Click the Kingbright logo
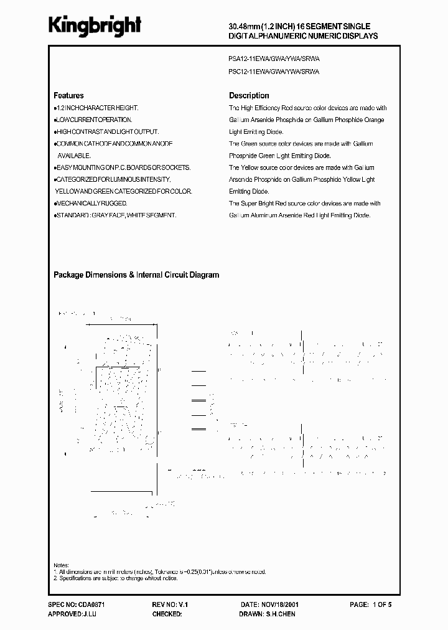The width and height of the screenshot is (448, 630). (x=96, y=25)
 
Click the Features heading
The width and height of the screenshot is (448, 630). (x=68, y=96)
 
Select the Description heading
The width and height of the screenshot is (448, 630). (x=249, y=96)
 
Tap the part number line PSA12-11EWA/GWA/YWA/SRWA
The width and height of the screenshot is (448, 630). (x=274, y=59)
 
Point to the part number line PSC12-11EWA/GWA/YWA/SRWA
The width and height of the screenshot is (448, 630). (x=274, y=72)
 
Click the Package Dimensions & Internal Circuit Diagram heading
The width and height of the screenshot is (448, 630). (x=136, y=275)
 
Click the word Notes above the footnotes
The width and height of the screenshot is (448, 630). (x=62, y=565)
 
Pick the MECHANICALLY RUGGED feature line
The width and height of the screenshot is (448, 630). (x=92, y=204)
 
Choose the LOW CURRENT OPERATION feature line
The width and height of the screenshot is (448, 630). (x=94, y=120)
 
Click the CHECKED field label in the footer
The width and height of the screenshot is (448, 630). (x=167, y=614)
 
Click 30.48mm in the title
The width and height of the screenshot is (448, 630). (x=243, y=26)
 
